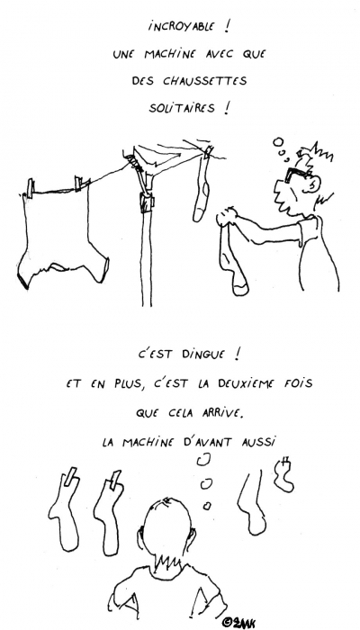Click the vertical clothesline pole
pyautogui.click(x=144, y=252)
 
